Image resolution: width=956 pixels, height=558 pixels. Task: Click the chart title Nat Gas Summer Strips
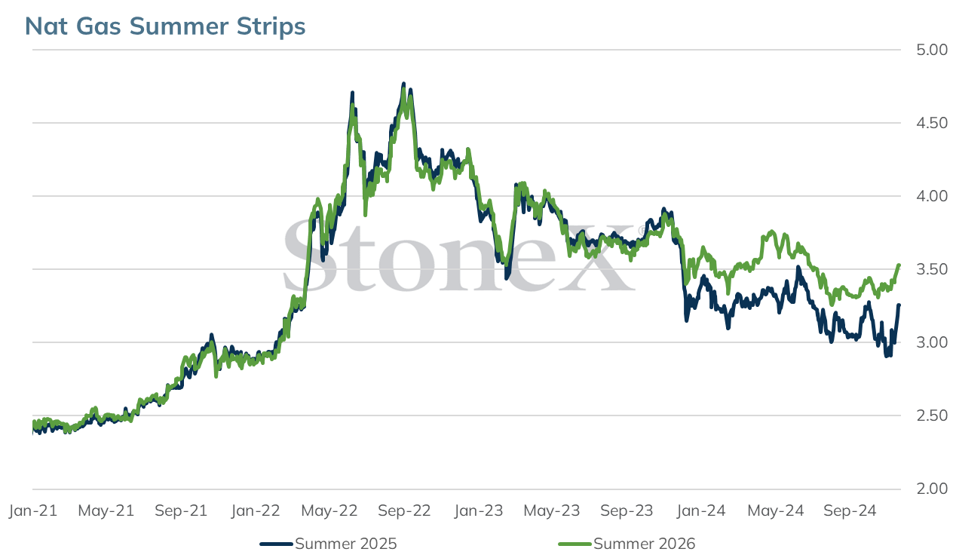pos(165,26)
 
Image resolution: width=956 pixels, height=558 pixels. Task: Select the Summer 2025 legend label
pos(346,544)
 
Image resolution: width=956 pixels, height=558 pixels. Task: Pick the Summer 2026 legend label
pos(644,544)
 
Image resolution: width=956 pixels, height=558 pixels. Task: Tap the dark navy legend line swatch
pos(276,544)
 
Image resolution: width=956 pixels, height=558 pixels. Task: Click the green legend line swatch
pos(575,544)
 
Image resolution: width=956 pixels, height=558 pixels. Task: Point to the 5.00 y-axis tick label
pos(931,50)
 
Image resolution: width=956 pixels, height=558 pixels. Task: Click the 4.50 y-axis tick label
pos(931,123)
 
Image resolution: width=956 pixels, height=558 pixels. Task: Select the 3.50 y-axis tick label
pos(931,269)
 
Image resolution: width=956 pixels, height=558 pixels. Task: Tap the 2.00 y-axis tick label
pos(931,489)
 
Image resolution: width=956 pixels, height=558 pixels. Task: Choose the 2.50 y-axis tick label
pos(931,415)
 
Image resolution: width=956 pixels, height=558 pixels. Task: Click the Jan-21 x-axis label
pos(33,510)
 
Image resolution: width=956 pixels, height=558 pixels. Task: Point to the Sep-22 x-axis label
pos(404,510)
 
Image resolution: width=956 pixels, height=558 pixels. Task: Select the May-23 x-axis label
pos(552,510)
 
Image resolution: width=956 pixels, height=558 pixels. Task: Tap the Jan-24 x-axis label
pos(700,510)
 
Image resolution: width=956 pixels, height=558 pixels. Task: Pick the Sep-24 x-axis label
pos(850,510)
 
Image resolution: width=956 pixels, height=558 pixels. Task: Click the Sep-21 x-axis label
pos(181,510)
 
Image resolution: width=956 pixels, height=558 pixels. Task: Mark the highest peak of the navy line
pos(404,84)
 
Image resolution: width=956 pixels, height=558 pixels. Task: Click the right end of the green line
pos(899,265)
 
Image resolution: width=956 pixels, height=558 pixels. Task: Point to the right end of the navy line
pos(899,305)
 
